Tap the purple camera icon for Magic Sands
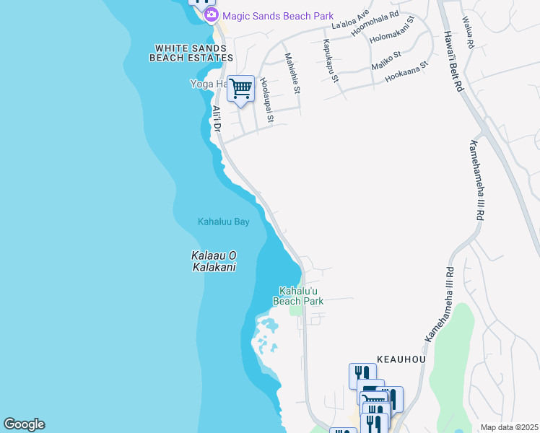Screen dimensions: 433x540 pyautogui.click(x=211, y=14)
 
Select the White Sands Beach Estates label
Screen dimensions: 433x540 pyautogui.click(x=191, y=53)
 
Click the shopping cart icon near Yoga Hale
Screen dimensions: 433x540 pyautogui.click(x=241, y=89)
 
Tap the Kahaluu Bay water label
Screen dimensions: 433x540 pyautogui.click(x=224, y=222)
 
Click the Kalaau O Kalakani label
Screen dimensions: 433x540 pyautogui.click(x=214, y=261)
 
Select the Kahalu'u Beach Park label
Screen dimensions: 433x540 pyautogui.click(x=298, y=295)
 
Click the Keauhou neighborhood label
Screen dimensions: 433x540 pyautogui.click(x=401, y=359)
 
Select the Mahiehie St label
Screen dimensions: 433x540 pyautogui.click(x=292, y=73)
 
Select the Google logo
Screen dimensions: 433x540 pyautogui.click(x=24, y=424)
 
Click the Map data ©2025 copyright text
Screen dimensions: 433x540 pyautogui.click(x=509, y=427)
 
